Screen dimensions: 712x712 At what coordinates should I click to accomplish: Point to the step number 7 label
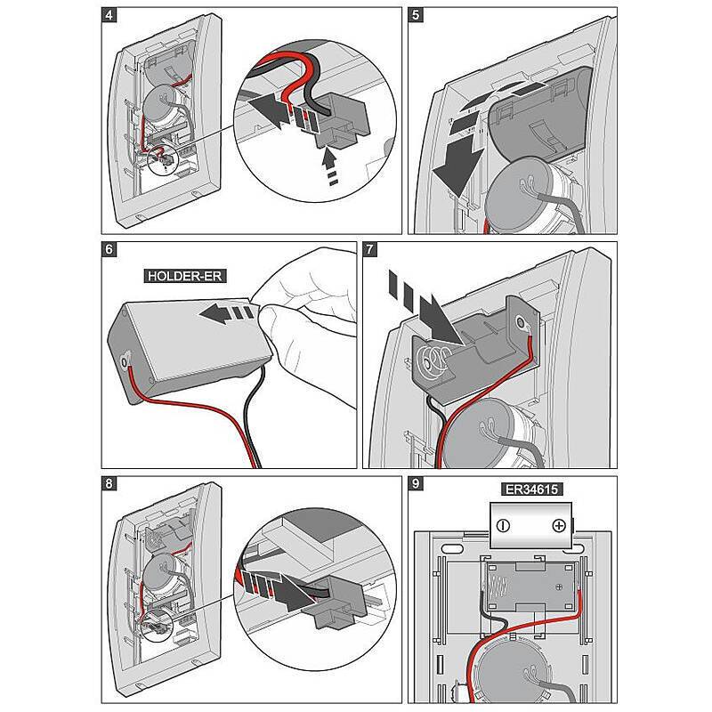tap(372, 249)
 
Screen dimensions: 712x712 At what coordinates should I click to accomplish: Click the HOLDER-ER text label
tap(185, 276)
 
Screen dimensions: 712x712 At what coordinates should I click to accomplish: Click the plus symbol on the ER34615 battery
tap(558, 525)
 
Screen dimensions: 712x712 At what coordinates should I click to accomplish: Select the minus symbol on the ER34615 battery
tap(504, 525)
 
